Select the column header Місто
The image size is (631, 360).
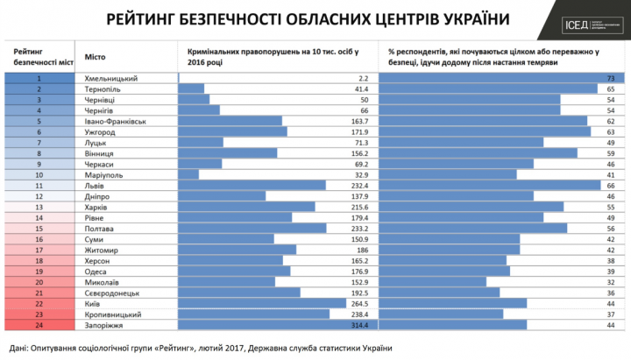[96, 57]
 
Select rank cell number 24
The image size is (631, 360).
[39, 323]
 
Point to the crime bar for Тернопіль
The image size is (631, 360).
[191, 88]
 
